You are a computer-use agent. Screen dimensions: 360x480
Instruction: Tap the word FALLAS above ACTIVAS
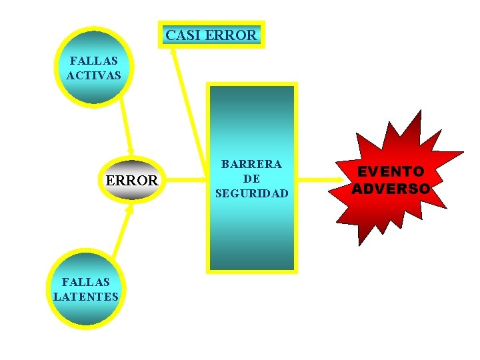(94, 61)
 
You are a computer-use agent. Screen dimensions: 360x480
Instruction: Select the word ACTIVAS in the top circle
(94, 75)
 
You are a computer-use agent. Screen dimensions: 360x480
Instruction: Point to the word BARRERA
(251, 164)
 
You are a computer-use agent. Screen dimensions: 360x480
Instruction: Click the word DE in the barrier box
(251, 179)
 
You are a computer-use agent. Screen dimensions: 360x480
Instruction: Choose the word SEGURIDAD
(251, 193)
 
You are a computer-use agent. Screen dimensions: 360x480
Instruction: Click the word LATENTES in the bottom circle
(86, 296)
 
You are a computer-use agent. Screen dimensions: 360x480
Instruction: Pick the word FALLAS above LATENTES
(86, 282)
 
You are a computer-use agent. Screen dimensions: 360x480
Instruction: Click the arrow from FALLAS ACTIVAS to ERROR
(125, 127)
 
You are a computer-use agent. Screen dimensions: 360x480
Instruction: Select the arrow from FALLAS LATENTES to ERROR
(122, 230)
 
